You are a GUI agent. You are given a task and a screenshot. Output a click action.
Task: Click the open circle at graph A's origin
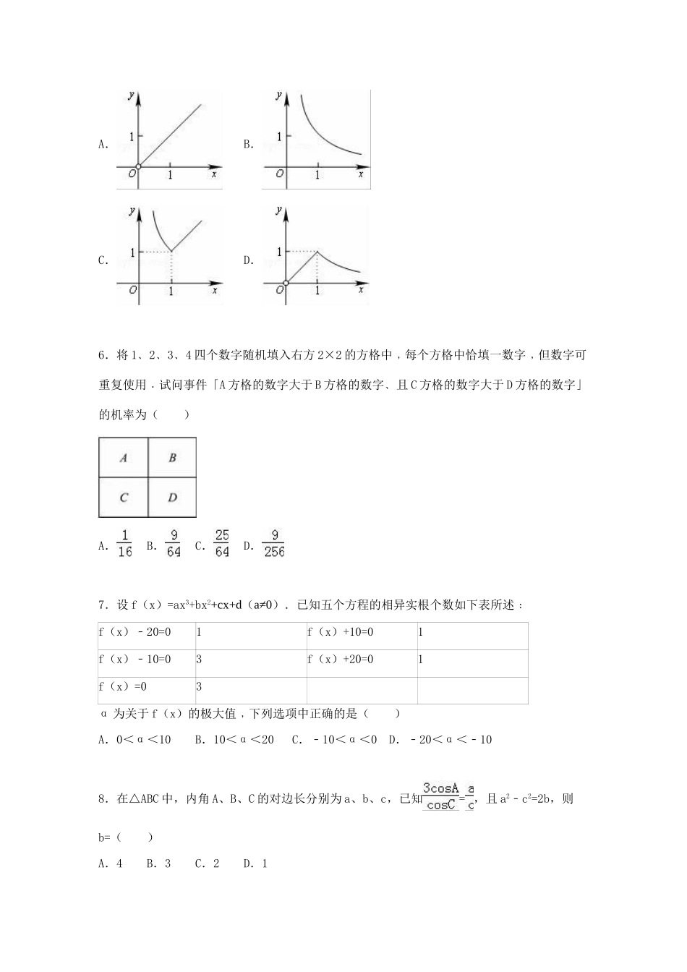(x=138, y=167)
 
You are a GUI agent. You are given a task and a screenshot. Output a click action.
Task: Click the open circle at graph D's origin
(x=286, y=283)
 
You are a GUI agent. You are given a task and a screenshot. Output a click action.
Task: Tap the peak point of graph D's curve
(x=317, y=252)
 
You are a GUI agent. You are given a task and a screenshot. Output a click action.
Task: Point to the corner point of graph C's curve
(x=171, y=252)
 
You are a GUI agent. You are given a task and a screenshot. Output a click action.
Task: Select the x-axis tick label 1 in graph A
(x=171, y=175)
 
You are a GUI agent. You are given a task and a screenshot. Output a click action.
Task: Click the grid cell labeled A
(x=124, y=458)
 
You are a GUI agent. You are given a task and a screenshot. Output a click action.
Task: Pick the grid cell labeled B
(x=172, y=458)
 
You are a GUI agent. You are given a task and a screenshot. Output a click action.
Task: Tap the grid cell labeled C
(x=124, y=498)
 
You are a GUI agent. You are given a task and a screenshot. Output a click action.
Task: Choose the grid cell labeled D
(x=172, y=498)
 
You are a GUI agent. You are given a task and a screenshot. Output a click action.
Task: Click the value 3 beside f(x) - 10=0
(x=199, y=660)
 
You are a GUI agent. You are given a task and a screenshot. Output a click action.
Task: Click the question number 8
(x=103, y=799)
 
